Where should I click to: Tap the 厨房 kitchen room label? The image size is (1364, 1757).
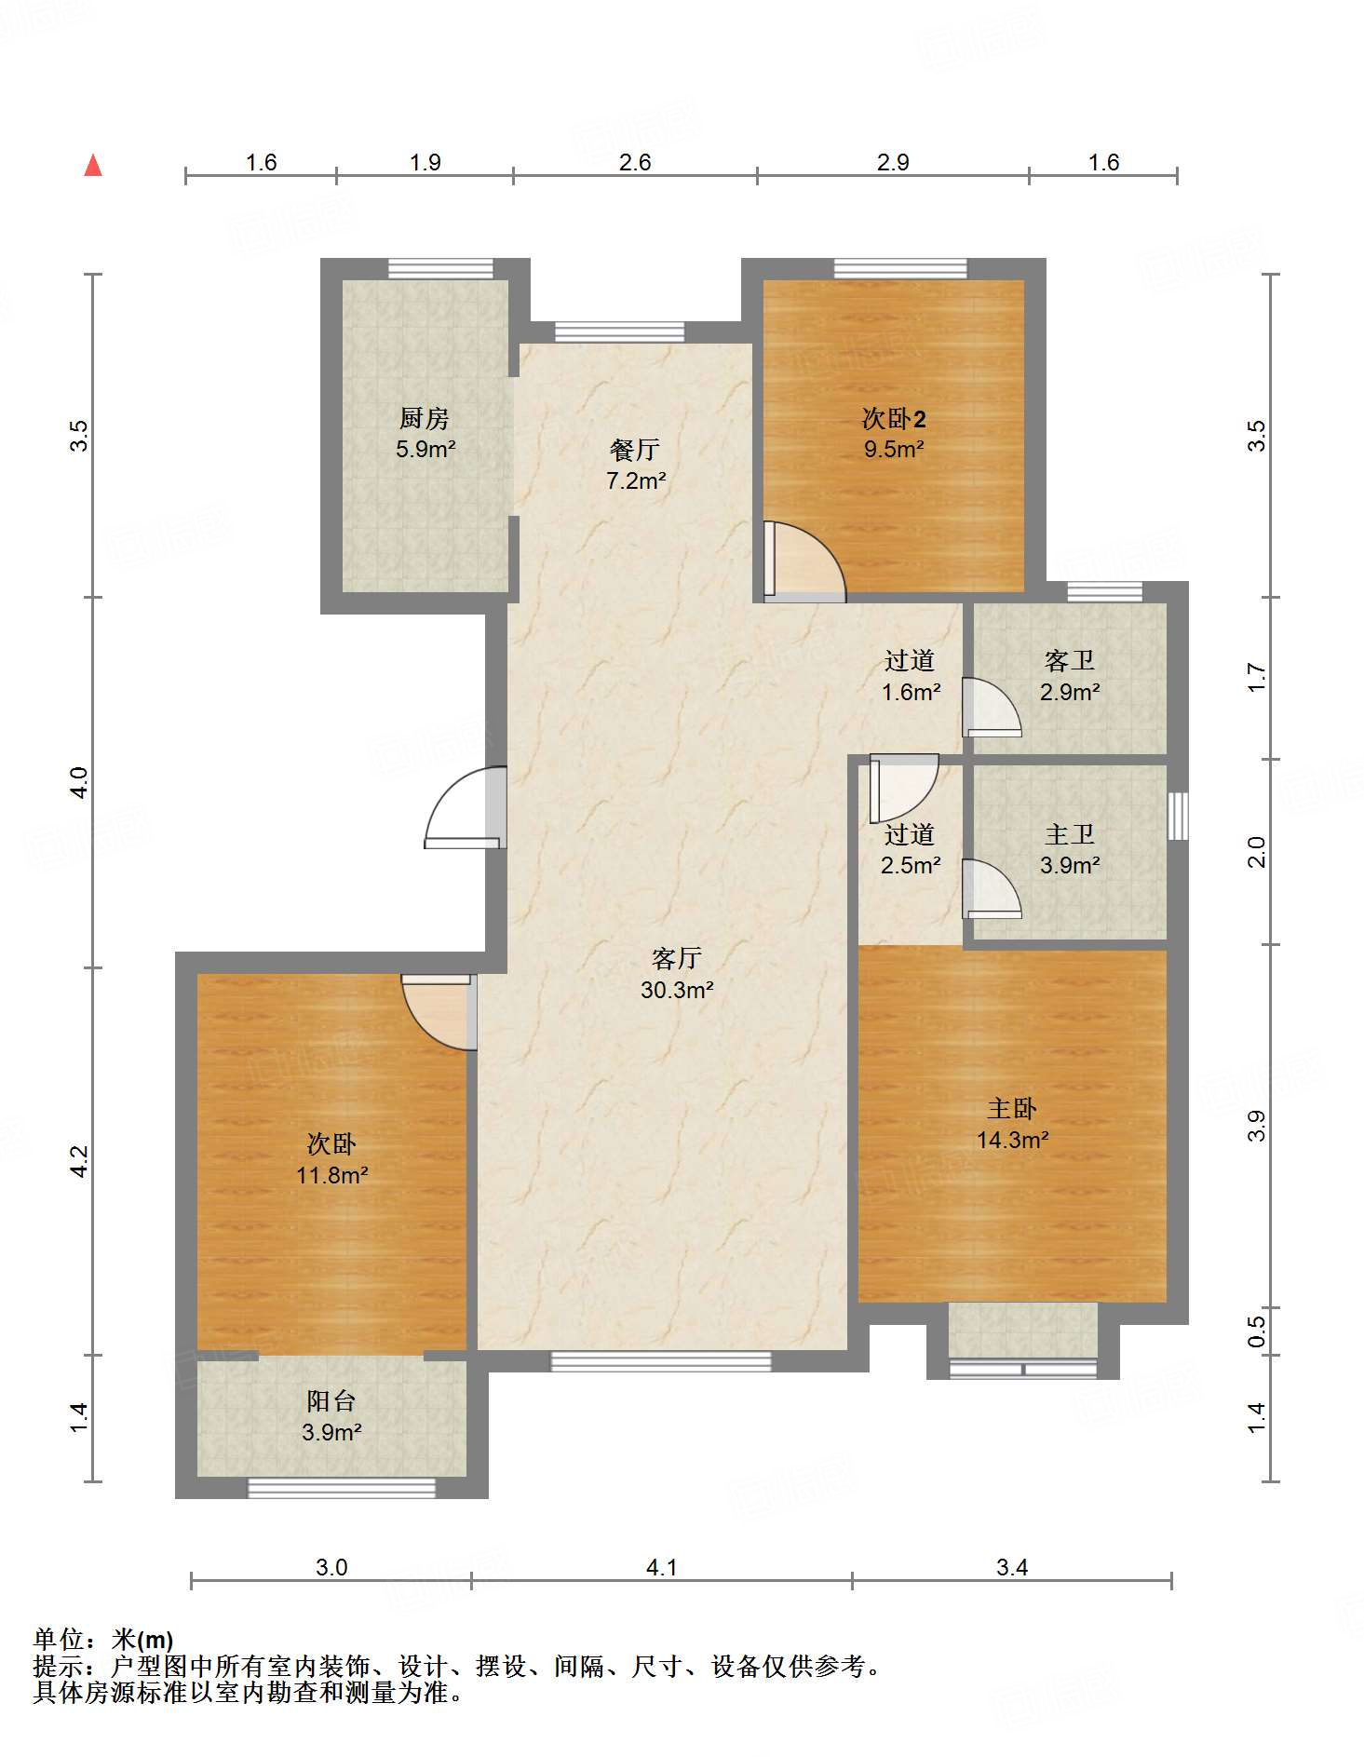425,433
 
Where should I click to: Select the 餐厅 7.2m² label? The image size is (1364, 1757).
636,465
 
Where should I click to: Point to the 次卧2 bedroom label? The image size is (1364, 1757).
894,433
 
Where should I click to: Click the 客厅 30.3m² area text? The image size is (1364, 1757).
677,974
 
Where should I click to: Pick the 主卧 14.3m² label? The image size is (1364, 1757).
1013,1124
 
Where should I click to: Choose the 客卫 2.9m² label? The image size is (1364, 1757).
1070,676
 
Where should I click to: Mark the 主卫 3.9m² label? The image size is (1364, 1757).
1070,849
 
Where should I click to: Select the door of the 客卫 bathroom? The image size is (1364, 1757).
992,707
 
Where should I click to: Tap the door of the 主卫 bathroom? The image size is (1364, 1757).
992,888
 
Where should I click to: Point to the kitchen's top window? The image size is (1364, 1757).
440,268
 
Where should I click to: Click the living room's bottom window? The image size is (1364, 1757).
661,1361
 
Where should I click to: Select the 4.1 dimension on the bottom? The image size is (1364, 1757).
661,1567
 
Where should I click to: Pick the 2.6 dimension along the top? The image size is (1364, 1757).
635,162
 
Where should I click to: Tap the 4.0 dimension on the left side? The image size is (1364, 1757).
79,782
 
